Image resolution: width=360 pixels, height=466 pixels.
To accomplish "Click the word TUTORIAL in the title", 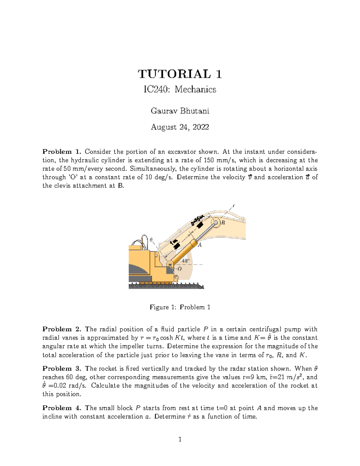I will coord(174,74).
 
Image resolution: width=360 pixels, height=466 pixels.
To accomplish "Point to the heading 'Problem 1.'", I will coord(61,152).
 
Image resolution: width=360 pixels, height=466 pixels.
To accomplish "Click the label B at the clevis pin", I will coord(223,223).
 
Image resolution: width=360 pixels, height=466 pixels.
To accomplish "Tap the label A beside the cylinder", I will coord(199,245).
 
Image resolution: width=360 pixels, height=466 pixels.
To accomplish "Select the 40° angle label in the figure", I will coord(186,261).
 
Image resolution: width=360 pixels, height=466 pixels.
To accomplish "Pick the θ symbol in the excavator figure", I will coord(151,239).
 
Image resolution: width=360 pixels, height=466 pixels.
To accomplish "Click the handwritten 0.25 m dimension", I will coord(197,220).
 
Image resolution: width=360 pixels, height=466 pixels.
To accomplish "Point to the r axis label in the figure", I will coord(234,206).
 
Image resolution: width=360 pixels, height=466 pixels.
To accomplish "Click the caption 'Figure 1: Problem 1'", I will coord(180,307).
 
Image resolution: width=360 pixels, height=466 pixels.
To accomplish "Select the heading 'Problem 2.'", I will coord(61,329).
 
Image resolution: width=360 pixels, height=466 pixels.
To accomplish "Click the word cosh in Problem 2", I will coord(166,338).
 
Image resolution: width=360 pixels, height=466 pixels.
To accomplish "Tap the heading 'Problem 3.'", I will coord(61,368).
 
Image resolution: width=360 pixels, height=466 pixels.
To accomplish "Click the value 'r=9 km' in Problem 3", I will coord(254,377).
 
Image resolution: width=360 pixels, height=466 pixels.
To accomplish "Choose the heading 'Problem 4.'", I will coord(61,408).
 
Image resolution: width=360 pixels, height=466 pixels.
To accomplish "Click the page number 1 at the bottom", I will coord(180,440).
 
